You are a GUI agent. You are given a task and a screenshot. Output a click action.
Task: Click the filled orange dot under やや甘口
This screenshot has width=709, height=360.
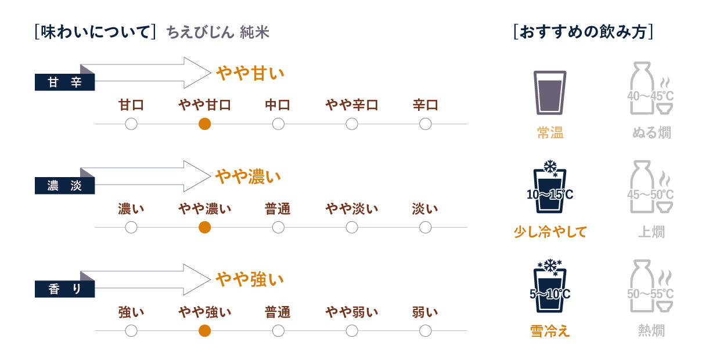click(204, 124)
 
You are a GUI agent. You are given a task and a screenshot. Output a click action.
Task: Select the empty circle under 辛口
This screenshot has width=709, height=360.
click(425, 124)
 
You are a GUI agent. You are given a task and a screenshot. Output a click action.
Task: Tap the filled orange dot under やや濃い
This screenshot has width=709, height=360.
click(204, 227)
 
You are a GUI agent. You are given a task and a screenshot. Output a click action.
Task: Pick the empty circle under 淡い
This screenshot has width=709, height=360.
click(425, 227)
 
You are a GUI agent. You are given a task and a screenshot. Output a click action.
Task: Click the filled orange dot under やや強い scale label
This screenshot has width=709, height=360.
click(204, 330)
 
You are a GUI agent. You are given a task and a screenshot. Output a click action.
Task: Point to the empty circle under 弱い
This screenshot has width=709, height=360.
click(425, 330)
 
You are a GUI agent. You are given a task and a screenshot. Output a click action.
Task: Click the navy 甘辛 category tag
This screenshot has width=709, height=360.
click(64, 82)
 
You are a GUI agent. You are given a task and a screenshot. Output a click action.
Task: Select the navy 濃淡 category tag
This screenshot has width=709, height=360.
click(64, 186)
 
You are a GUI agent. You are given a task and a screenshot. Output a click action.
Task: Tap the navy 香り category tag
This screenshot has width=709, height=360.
click(64, 289)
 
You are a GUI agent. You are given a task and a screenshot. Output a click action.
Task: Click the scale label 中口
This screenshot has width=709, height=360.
click(278, 105)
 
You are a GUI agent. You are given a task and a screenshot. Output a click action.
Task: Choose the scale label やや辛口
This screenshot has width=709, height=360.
click(351, 105)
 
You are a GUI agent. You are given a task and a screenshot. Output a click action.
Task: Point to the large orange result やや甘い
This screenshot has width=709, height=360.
click(250, 73)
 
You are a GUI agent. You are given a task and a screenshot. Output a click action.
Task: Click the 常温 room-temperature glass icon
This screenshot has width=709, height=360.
click(549, 92)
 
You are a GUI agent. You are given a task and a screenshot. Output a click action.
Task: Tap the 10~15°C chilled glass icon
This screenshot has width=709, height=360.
click(549, 189)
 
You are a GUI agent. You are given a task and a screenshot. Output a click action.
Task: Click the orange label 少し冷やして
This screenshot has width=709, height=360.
click(550, 232)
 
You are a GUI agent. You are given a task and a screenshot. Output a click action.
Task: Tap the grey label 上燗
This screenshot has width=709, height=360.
click(651, 232)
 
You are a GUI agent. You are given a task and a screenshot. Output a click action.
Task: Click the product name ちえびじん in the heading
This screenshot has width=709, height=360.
click(200, 33)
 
